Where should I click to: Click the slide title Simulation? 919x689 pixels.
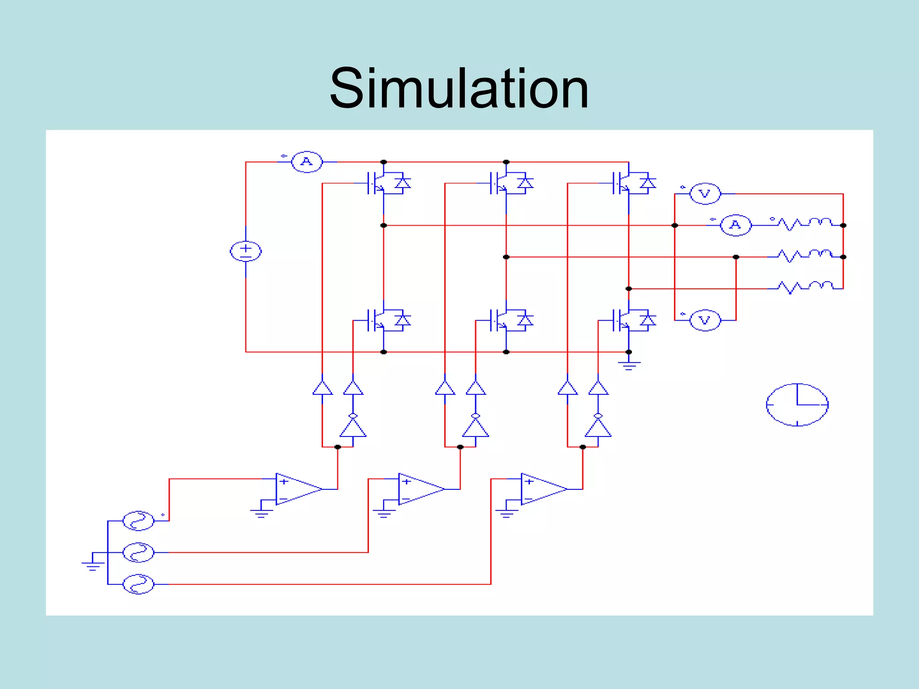tap(459, 88)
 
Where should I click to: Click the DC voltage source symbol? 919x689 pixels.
tap(245, 251)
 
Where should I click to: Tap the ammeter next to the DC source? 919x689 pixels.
tap(307, 162)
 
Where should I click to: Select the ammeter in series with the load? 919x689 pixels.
tap(735, 225)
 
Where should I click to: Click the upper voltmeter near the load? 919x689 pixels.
tap(705, 194)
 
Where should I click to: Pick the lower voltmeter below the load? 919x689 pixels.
tap(705, 320)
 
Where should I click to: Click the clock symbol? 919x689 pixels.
tap(797, 405)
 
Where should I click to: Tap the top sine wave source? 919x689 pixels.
tap(138, 521)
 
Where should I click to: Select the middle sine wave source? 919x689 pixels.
tap(138, 553)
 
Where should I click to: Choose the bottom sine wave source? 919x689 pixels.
tap(138, 584)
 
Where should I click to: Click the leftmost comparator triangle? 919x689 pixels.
tap(297, 489)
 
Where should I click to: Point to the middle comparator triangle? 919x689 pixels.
tap(420, 489)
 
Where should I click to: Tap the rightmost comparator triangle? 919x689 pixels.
tap(542, 489)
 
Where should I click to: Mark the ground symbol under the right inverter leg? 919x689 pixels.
tap(629, 365)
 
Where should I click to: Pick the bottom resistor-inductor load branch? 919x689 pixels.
tap(805, 287)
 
